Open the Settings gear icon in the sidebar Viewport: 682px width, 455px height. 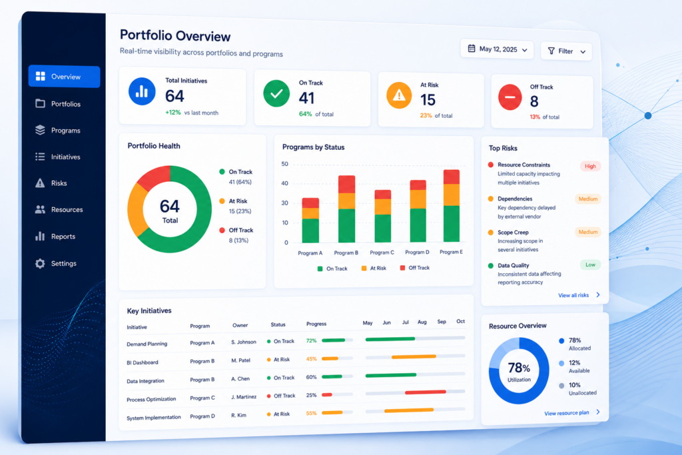pyautogui.click(x=40, y=264)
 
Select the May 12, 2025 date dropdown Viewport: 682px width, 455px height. pyautogui.click(x=497, y=49)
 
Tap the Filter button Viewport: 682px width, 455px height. pyautogui.click(x=566, y=51)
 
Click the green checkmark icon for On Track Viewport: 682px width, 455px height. pyautogui.click(x=276, y=93)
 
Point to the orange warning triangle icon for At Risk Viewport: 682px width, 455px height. pyautogui.click(x=399, y=95)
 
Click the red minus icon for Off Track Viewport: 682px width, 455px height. pyautogui.click(x=510, y=97)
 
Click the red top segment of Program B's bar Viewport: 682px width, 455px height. pyautogui.click(x=346, y=185)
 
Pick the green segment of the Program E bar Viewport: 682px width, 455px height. pyautogui.click(x=452, y=224)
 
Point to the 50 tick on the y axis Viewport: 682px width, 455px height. pyautogui.click(x=285, y=164)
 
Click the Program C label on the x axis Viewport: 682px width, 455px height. pyautogui.click(x=382, y=252)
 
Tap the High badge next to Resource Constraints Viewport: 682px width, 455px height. pyautogui.click(x=590, y=166)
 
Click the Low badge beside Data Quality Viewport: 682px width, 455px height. pyautogui.click(x=590, y=264)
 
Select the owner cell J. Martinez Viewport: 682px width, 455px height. pyautogui.click(x=244, y=397)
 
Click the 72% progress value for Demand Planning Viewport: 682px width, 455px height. pyautogui.click(x=311, y=340)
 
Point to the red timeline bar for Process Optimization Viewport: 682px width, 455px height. pyautogui.click(x=426, y=392)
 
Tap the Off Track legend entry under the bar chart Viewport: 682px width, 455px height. pyautogui.click(x=415, y=268)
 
